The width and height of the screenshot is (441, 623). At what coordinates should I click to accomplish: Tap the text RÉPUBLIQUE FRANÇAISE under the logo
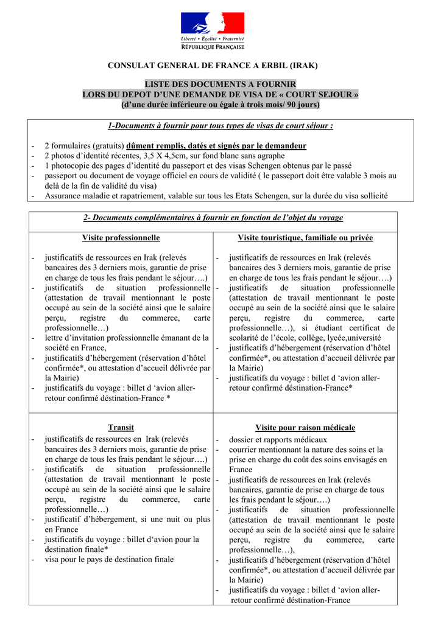[213, 47]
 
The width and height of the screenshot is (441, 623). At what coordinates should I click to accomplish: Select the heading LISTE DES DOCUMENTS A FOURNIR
[220, 84]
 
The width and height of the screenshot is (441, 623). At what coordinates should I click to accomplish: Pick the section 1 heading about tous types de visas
[220, 126]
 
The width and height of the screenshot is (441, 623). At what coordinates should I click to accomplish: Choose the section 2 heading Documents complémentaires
[213, 218]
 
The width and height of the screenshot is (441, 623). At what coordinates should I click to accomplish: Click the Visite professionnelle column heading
[121, 238]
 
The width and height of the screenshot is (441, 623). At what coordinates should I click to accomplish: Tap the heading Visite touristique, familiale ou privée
[305, 238]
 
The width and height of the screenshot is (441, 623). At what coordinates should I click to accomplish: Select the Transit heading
[121, 428]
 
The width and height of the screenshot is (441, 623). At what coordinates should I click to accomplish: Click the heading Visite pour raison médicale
[305, 428]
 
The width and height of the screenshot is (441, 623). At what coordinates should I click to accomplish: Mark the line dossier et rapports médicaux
[278, 439]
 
